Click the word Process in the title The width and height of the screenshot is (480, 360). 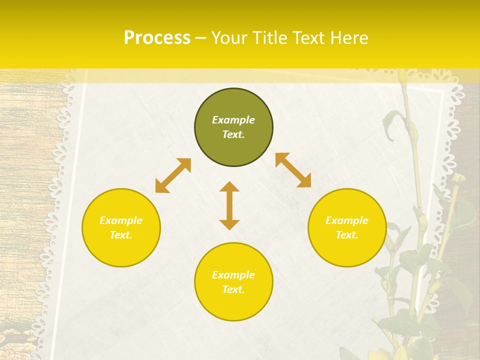157,38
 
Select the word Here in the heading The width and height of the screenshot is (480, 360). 349,38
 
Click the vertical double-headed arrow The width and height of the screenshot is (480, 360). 229,205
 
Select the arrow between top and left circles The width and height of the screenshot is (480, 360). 173,175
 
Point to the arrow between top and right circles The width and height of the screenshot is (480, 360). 293,170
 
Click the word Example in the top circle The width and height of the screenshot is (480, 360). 233,120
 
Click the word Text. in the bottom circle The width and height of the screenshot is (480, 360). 233,289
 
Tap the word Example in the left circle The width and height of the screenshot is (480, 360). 121,220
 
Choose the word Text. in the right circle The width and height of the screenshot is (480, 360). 347,235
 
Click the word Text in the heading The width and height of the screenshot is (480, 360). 310,38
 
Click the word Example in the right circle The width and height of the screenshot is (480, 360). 347,220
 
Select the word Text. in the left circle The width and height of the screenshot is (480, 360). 121,235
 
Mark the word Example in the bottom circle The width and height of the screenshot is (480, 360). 233,275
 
